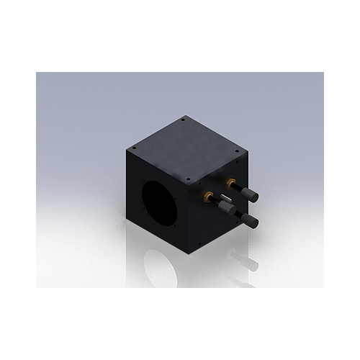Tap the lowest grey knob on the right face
coord(249,220)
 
